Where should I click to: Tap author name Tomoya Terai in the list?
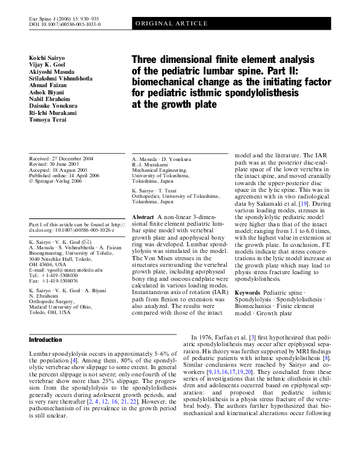point(48,120)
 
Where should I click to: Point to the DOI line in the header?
point(65,24)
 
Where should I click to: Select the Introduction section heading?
point(45,340)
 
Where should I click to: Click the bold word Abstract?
point(142,217)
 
